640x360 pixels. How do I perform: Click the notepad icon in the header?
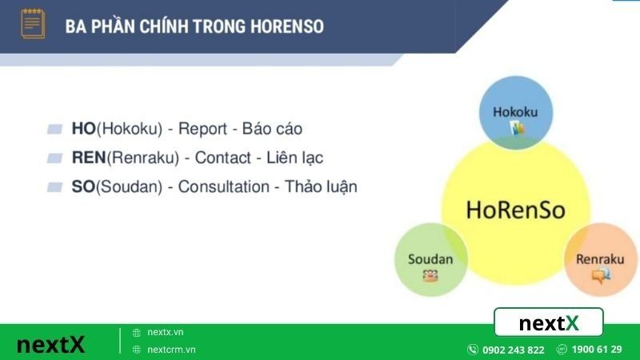[33, 24]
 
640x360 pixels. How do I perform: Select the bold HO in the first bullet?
[83, 129]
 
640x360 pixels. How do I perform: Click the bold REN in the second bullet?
[89, 158]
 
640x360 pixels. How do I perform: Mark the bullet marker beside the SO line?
[54, 187]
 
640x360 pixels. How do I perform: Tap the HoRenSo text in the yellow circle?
[515, 210]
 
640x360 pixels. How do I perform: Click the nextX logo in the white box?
[549, 323]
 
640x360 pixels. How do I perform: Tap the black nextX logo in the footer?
[50, 344]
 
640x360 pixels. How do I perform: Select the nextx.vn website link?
[166, 332]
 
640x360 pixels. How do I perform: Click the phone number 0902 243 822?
[513, 350]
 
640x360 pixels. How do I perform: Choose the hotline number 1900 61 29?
[596, 350]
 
